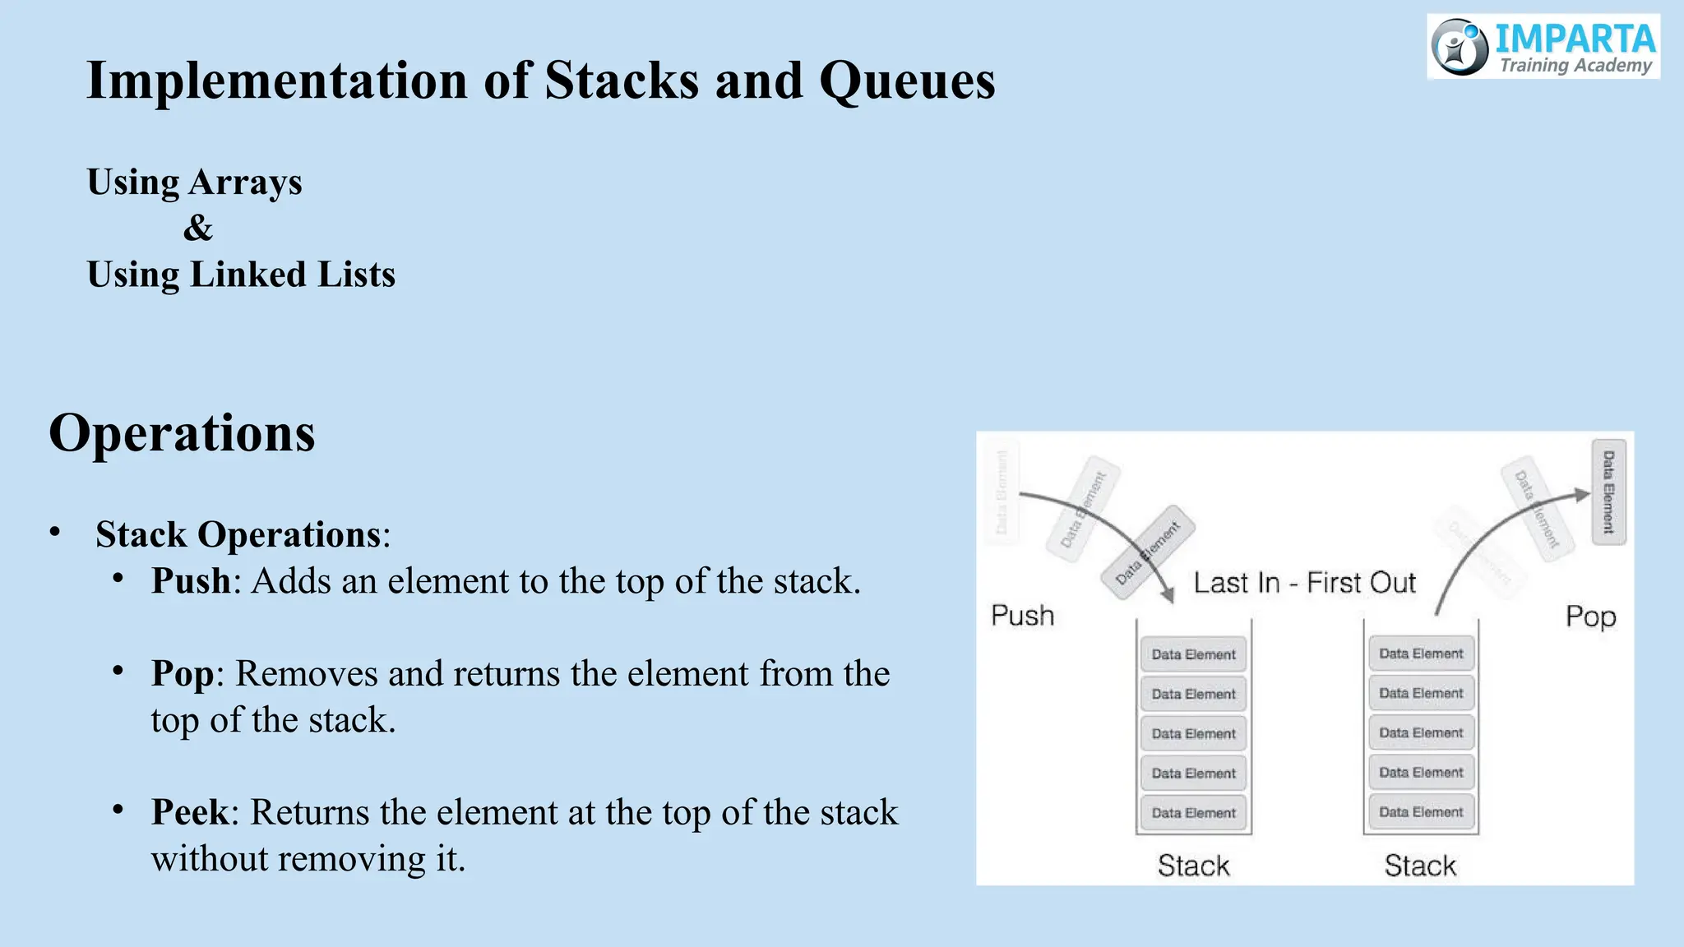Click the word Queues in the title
[907, 81]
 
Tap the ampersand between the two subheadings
[198, 228]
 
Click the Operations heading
[182, 433]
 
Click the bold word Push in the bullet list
[191, 581]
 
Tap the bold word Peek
[190, 813]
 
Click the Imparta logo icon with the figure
[1460, 47]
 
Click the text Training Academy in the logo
[1575, 66]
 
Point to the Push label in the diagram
[1022, 616]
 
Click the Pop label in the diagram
[1590, 617]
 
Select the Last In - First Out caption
[1304, 583]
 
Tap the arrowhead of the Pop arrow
[1582, 495]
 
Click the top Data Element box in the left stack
[1193, 654]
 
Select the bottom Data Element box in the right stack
[1421, 812]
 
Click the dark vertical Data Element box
[1608, 492]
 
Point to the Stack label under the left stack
[1193, 866]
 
